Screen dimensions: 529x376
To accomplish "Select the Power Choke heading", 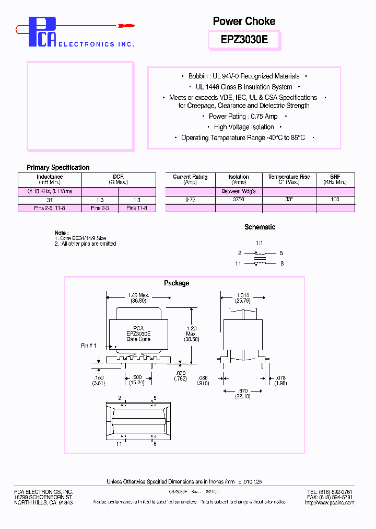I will pyautogui.click(x=244, y=21).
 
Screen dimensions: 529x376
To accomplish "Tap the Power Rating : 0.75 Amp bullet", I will pyautogui.click(x=243, y=117).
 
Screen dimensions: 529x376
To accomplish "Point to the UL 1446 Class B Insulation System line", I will pyautogui.click(x=244, y=87).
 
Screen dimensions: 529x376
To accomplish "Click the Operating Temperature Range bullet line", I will pyautogui.click(x=243, y=138).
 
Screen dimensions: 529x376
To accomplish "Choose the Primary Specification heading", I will pyautogui.click(x=58, y=168).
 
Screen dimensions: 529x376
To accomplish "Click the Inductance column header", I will pyautogui.click(x=50, y=179).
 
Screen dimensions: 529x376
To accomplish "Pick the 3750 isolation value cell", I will pyautogui.click(x=239, y=200).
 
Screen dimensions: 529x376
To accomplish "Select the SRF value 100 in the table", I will pyautogui.click(x=335, y=200).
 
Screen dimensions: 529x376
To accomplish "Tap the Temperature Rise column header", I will pyautogui.click(x=289, y=179).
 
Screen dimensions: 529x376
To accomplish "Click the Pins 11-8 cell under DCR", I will pyautogui.click(x=137, y=208).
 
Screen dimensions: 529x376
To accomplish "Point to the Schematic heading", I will pyautogui.click(x=260, y=227).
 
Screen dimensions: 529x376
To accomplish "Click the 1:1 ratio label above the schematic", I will pyautogui.click(x=259, y=244).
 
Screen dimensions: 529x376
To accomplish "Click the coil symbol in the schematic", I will pyautogui.click(x=260, y=258).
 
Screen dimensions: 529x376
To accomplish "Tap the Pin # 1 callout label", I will pyautogui.click(x=89, y=346).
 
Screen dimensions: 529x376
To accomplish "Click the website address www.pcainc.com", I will pyautogui.click(x=334, y=502).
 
